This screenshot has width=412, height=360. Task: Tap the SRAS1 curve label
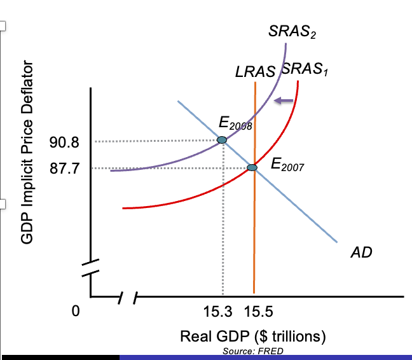pos(304,69)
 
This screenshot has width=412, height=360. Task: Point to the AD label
pos(361,253)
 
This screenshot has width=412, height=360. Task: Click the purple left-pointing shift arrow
pos(283,100)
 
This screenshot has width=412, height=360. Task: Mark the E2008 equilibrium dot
pos(222,140)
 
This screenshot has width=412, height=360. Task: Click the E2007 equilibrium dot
pos(252,167)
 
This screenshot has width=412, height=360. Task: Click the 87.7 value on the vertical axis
pos(65,168)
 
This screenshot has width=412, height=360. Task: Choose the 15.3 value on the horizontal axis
pos(217,312)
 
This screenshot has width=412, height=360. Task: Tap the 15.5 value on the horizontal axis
pos(257,312)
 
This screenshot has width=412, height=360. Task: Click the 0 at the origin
pos(76,312)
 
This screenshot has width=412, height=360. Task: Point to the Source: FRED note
pos(253,351)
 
